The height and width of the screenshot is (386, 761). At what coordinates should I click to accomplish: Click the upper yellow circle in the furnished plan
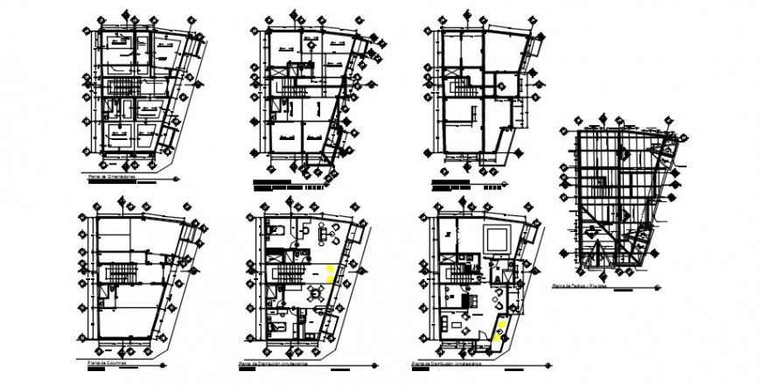click(329, 269)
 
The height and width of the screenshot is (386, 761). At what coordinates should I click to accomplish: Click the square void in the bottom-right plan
click(497, 236)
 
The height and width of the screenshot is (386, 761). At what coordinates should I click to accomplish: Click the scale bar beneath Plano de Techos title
click(623, 291)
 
